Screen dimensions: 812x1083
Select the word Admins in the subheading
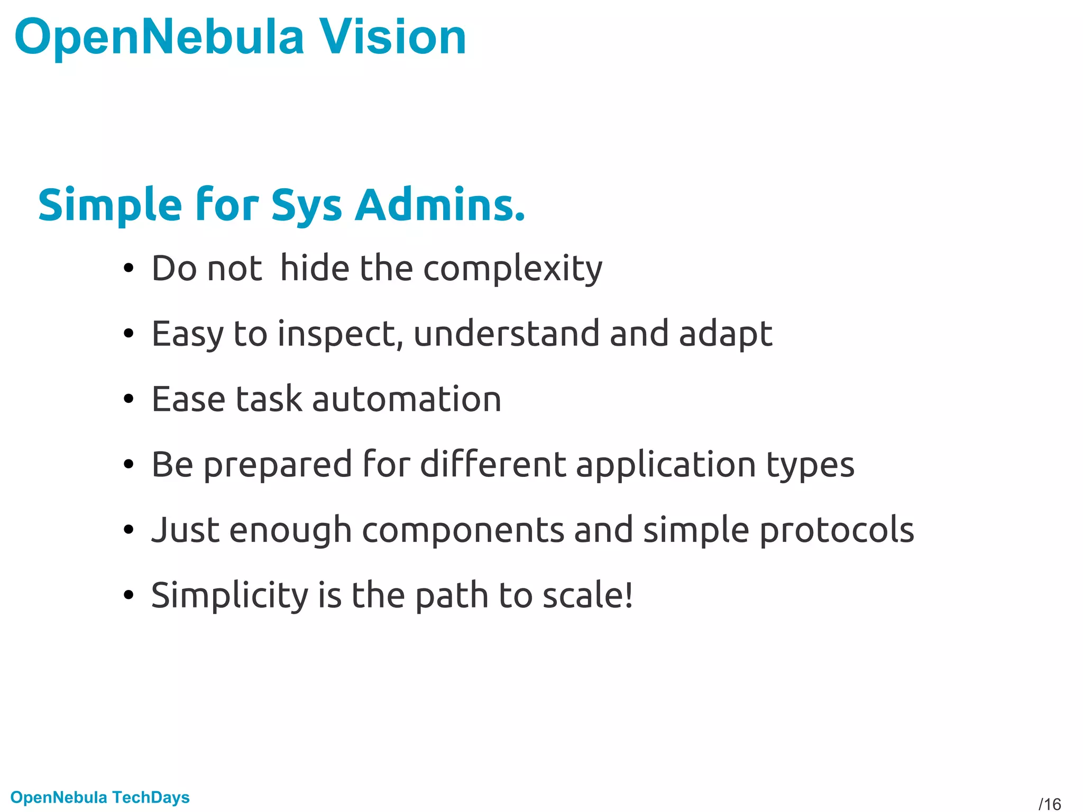(440, 205)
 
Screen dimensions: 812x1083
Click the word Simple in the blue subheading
(110, 205)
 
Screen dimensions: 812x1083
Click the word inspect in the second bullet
(337, 335)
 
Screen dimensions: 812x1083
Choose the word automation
(407, 400)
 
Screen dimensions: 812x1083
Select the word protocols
(837, 530)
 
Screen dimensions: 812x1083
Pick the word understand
(506, 335)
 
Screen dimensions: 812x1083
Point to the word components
(463, 530)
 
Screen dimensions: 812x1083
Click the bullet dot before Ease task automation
(129, 400)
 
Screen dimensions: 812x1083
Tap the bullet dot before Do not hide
(129, 269)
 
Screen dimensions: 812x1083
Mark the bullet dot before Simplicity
(129, 596)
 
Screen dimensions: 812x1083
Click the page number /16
(1050, 804)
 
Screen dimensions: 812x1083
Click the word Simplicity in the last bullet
(230, 596)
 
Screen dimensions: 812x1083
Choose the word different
(493, 465)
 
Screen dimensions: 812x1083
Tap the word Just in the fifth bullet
(185, 530)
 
